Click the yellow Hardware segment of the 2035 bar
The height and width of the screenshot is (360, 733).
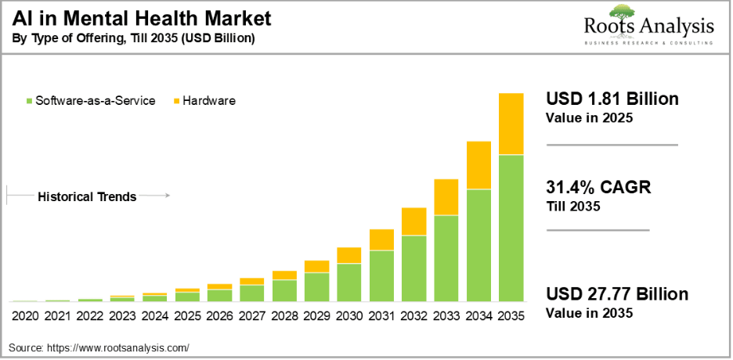pyautogui.click(x=511, y=124)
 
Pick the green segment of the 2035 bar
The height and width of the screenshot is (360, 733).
pyautogui.click(x=511, y=228)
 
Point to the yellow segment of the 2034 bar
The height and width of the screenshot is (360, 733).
pyautogui.click(x=478, y=165)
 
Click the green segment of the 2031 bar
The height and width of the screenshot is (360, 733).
pyautogui.click(x=381, y=275)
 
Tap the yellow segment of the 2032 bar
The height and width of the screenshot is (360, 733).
pyautogui.click(x=413, y=221)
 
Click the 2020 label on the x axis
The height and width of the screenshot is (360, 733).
pyautogui.click(x=25, y=316)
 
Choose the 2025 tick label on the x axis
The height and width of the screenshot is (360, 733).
pyautogui.click(x=187, y=316)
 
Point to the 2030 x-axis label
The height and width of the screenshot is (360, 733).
pyautogui.click(x=348, y=316)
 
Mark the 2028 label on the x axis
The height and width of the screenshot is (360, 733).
pyautogui.click(x=284, y=316)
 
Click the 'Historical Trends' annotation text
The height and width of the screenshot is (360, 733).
pyautogui.click(x=87, y=196)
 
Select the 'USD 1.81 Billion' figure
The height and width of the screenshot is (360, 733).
pyautogui.click(x=612, y=99)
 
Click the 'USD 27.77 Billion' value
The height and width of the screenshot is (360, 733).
pyautogui.click(x=617, y=294)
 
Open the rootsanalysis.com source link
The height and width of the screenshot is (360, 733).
pyautogui.click(x=117, y=347)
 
